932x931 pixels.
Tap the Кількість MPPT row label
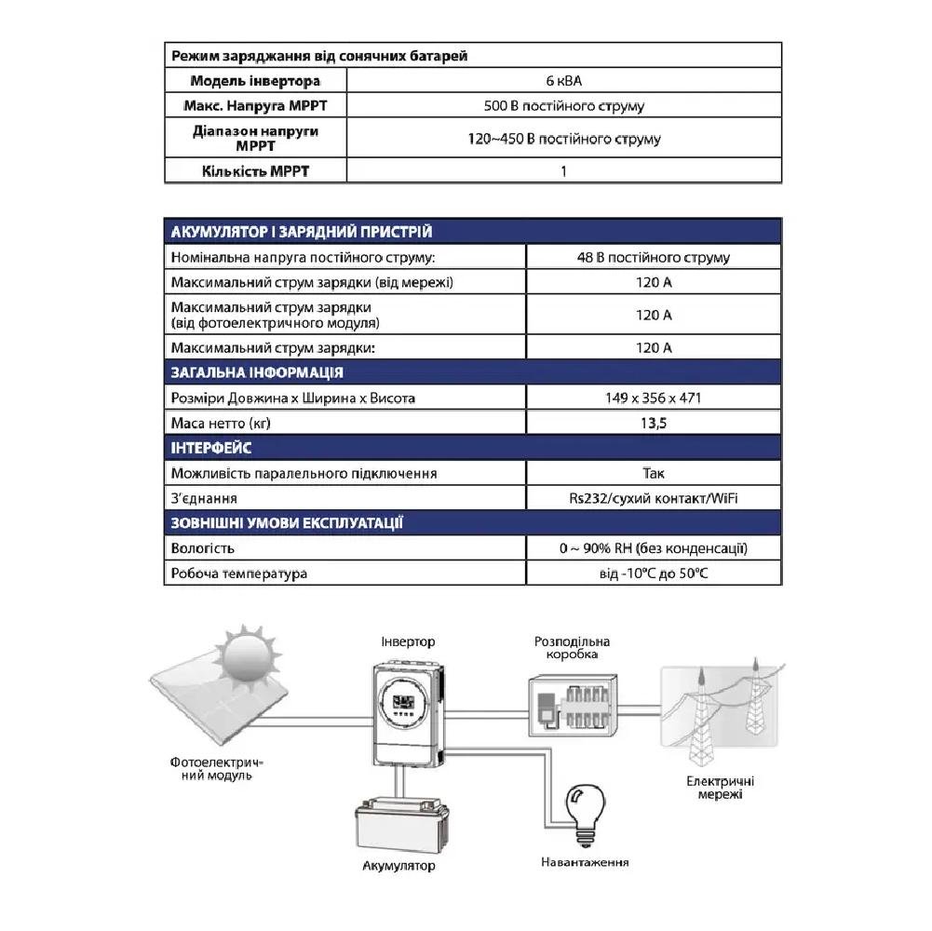pyautogui.click(x=254, y=171)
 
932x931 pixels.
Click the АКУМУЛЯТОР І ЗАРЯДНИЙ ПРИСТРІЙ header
pyautogui.click(x=302, y=232)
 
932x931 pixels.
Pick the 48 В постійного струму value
pyautogui.click(x=653, y=258)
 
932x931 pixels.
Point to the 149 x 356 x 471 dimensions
pyautogui.click(x=653, y=398)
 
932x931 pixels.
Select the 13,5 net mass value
pyautogui.click(x=653, y=424)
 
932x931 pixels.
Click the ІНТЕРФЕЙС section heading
pyautogui.click(x=212, y=449)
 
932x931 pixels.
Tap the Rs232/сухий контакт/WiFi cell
pyautogui.click(x=653, y=499)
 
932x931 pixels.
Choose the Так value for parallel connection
pyautogui.click(x=653, y=474)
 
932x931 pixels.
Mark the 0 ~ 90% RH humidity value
pyautogui.click(x=653, y=548)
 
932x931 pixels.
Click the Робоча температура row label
pyautogui.click(x=239, y=573)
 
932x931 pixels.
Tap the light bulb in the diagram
pyautogui.click(x=587, y=808)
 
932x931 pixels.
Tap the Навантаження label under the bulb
pyautogui.click(x=585, y=862)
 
